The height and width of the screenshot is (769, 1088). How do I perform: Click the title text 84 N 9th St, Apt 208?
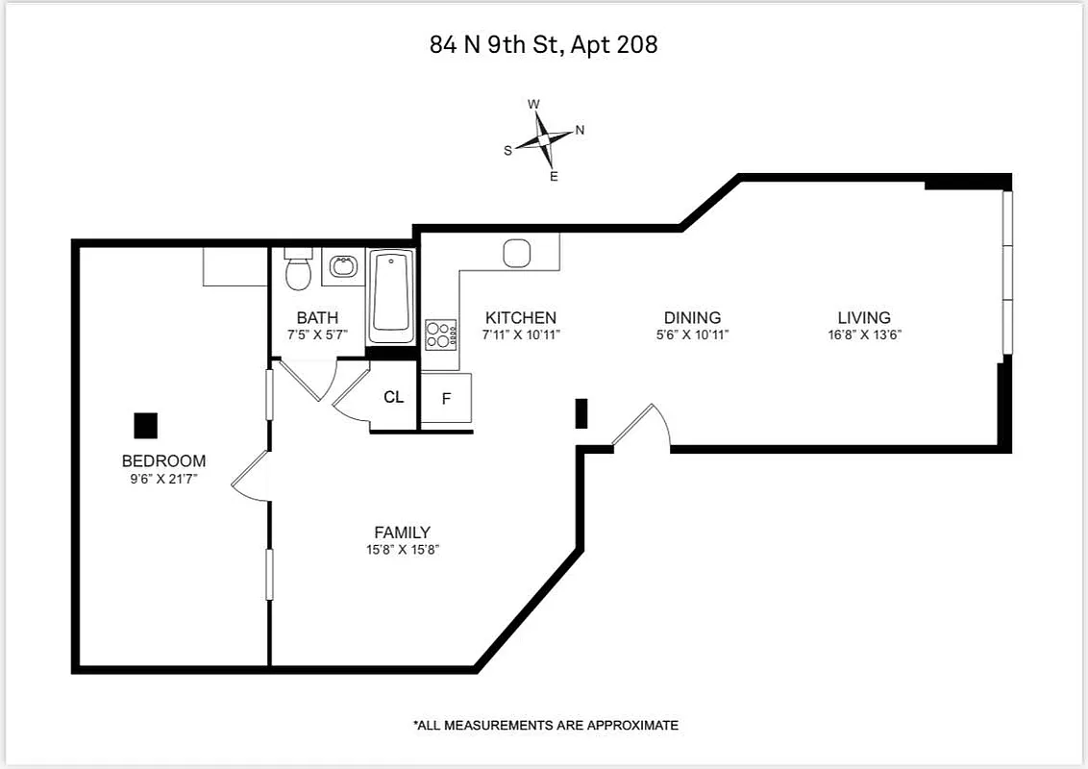(x=544, y=44)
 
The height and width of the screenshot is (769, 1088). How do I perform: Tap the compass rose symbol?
(x=544, y=140)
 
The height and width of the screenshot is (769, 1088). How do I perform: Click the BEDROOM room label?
(x=163, y=460)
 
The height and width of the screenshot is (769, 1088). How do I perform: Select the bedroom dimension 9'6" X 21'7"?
(x=163, y=478)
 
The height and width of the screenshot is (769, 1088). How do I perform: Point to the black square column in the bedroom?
(x=146, y=425)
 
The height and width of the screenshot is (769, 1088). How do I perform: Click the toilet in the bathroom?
(x=299, y=271)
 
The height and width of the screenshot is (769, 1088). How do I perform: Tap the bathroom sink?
(x=342, y=266)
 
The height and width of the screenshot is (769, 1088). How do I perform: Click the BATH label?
(x=317, y=318)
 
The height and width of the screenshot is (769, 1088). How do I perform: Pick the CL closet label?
(x=394, y=397)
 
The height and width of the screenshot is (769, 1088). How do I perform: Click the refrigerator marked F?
(x=446, y=398)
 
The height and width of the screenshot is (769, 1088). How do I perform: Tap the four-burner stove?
(x=440, y=335)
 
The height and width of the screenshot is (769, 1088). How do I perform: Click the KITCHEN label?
(x=521, y=318)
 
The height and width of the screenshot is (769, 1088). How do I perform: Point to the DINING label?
(x=692, y=318)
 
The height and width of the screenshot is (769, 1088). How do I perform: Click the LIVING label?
(x=864, y=318)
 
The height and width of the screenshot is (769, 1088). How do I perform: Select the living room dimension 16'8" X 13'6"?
(x=864, y=335)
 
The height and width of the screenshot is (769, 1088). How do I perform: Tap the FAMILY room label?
(x=402, y=533)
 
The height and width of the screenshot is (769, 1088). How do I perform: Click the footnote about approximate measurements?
(x=546, y=726)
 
